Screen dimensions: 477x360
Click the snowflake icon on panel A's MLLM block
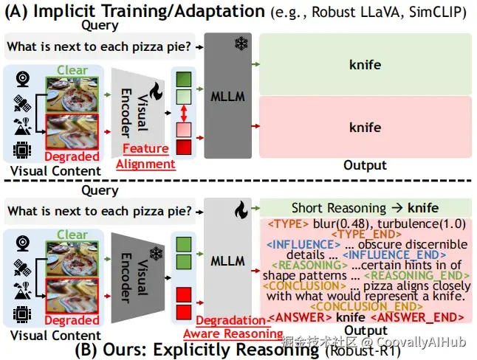pos(241,44)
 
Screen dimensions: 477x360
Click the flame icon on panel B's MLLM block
pos(241,210)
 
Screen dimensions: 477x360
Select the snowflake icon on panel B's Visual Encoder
pos(156,254)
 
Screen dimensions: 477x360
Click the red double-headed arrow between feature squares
pos(183,113)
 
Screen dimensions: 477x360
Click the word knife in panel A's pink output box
pos(365,128)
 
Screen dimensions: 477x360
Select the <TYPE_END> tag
pos(366,235)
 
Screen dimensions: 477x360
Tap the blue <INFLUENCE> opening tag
pos(304,245)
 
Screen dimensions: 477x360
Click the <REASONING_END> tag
pos(416,276)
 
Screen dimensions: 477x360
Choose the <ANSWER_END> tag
pos(417,317)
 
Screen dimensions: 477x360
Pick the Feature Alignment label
pos(145,156)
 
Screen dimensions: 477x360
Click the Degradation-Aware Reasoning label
pos(233,327)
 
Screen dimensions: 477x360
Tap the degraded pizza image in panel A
pos(72,132)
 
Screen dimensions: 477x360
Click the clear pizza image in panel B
pos(72,259)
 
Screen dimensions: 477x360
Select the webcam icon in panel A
pos(22,79)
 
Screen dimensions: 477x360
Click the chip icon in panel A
pos(22,150)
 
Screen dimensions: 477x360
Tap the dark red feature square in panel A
pos(184,147)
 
